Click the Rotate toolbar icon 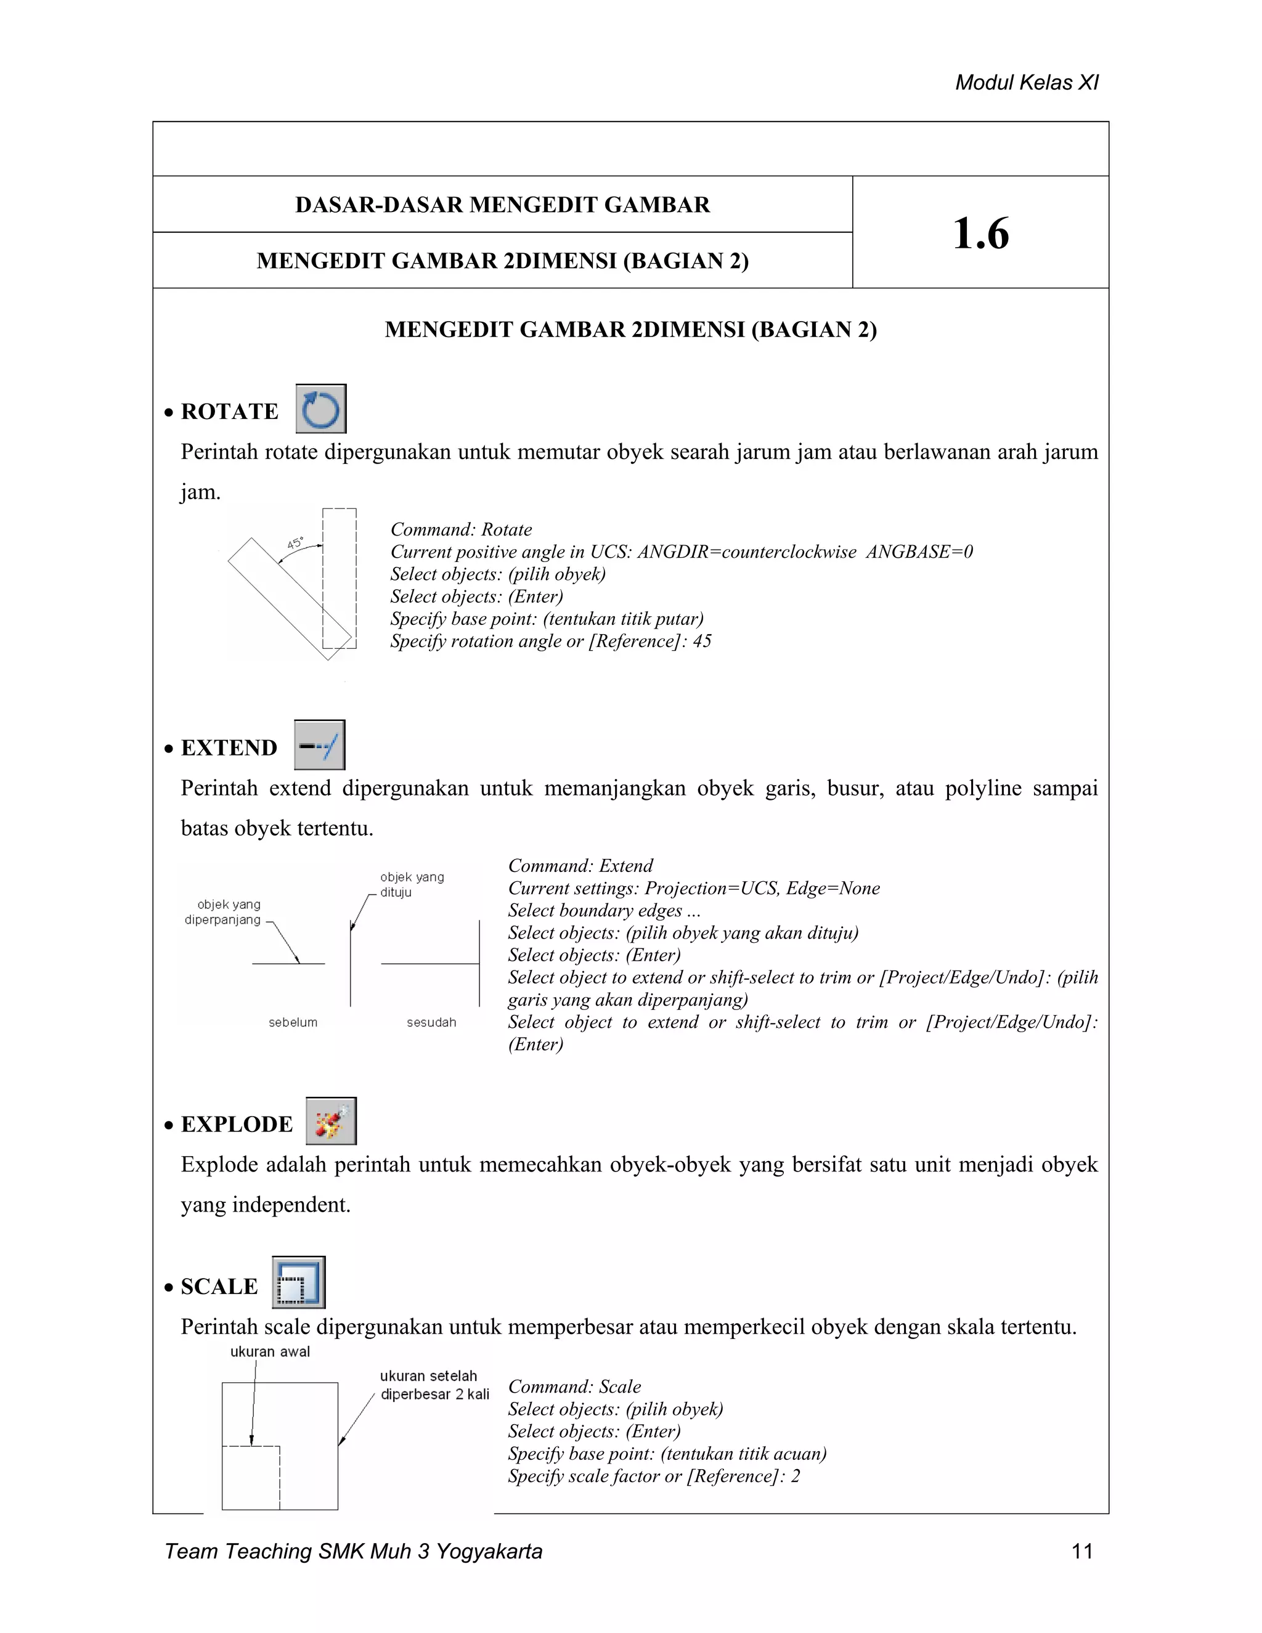[x=320, y=409]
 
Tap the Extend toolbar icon [x=319, y=745]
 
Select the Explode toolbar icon [x=330, y=1121]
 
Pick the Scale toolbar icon [x=298, y=1282]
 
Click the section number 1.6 [x=980, y=234]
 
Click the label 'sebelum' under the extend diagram [x=293, y=1022]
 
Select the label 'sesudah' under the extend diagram [x=431, y=1022]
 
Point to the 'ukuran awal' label [x=270, y=1351]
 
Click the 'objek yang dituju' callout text [x=412, y=884]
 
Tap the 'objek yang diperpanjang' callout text [x=224, y=912]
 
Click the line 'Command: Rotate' [x=460, y=529]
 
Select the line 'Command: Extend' [x=580, y=866]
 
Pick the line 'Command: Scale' [x=574, y=1387]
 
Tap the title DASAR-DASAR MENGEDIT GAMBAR [x=502, y=205]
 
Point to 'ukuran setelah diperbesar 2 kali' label [x=434, y=1385]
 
